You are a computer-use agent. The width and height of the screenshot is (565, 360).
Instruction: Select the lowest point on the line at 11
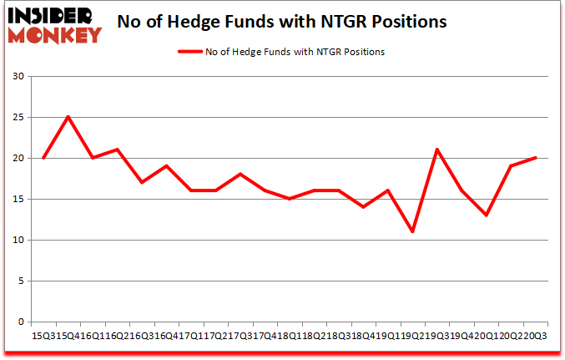coord(411,231)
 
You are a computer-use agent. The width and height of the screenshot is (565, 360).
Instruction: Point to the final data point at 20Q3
coord(534,158)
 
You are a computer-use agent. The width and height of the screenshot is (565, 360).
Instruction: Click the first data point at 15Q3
coord(43,158)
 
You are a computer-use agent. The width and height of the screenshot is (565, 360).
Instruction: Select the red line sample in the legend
coord(189,52)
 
